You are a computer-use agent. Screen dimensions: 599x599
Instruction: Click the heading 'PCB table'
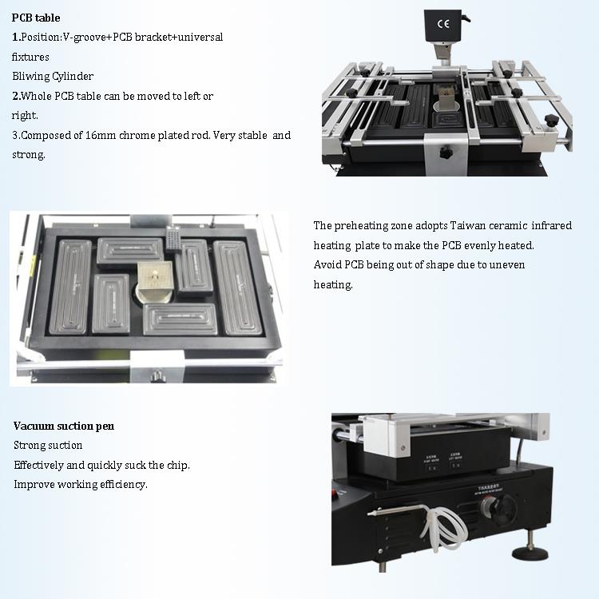[x=36, y=18]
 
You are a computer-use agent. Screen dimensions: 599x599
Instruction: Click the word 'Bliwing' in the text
[x=30, y=77]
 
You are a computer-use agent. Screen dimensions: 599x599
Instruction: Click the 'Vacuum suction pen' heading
[x=64, y=426]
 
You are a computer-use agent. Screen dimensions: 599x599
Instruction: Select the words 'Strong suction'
[x=48, y=446]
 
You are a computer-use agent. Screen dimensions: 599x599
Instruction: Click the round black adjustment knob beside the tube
[x=504, y=510]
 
